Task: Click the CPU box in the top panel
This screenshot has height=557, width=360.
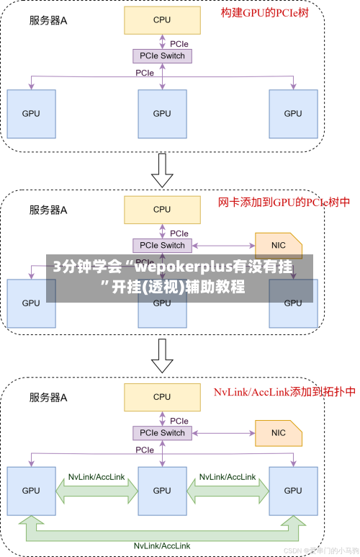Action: tap(162, 20)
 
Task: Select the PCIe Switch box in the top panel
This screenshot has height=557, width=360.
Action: tap(162, 55)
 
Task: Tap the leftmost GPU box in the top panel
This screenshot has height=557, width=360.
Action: tap(31, 113)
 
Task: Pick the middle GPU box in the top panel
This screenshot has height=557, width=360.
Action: tap(162, 113)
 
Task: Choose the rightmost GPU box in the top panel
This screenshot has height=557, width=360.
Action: tap(293, 113)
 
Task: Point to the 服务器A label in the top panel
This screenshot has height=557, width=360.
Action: tap(48, 21)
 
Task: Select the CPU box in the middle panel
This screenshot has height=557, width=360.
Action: tap(162, 209)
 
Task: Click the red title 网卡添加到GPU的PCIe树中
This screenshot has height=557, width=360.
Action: tap(284, 202)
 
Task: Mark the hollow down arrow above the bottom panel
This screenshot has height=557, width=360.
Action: tap(162, 355)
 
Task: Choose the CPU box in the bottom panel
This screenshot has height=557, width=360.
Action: tap(162, 396)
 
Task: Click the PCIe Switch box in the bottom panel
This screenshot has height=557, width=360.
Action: tap(162, 432)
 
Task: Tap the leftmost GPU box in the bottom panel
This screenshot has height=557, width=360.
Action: tap(31, 491)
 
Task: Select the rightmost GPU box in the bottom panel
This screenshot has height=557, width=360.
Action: tap(293, 491)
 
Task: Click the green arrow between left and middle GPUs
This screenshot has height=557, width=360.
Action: tap(96, 491)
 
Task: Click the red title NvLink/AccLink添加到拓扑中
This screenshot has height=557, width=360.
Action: tap(284, 392)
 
